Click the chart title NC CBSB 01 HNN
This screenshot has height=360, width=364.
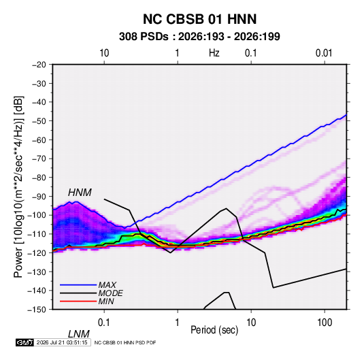[x=199, y=19]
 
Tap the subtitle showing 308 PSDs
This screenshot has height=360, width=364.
[x=199, y=37]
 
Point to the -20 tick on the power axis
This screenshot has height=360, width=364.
[x=39, y=65]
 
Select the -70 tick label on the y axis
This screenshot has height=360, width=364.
[x=39, y=159]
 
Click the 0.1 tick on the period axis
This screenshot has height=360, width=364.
[x=104, y=323]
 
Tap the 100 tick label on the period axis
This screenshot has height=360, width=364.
[x=325, y=323]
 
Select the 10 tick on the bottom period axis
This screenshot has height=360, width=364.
[x=251, y=323]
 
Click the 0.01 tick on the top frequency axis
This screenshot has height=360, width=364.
[x=324, y=53]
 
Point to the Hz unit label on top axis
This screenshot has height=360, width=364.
[x=214, y=53]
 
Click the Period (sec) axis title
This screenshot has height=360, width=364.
[x=214, y=330]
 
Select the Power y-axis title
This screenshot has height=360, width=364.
[x=18, y=187]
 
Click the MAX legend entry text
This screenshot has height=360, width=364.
[x=107, y=285]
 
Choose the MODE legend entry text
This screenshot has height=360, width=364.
[x=110, y=293]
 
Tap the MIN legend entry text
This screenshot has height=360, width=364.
[x=106, y=301]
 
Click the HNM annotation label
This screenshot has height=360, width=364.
[x=80, y=193]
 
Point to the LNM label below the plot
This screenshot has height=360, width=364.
[x=78, y=334]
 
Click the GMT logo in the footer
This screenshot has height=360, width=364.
[x=25, y=342]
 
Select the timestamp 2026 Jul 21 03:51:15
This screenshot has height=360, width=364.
[x=62, y=342]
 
